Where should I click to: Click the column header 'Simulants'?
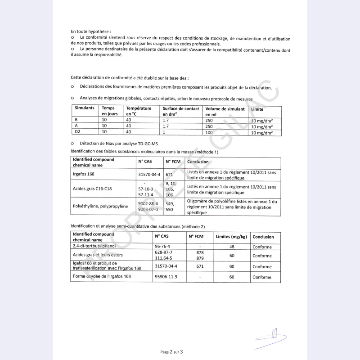[85, 108]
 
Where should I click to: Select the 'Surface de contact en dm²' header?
[180, 111]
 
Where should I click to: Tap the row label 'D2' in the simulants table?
[77, 132]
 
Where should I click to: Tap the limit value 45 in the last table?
[232, 247]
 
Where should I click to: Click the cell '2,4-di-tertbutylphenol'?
[97, 246]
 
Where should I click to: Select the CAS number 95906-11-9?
[166, 276]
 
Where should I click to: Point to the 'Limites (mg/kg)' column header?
[231, 237]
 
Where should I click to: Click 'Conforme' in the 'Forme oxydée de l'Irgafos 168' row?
[262, 277]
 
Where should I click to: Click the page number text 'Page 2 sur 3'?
[171, 352]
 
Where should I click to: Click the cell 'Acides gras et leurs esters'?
[97, 255]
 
